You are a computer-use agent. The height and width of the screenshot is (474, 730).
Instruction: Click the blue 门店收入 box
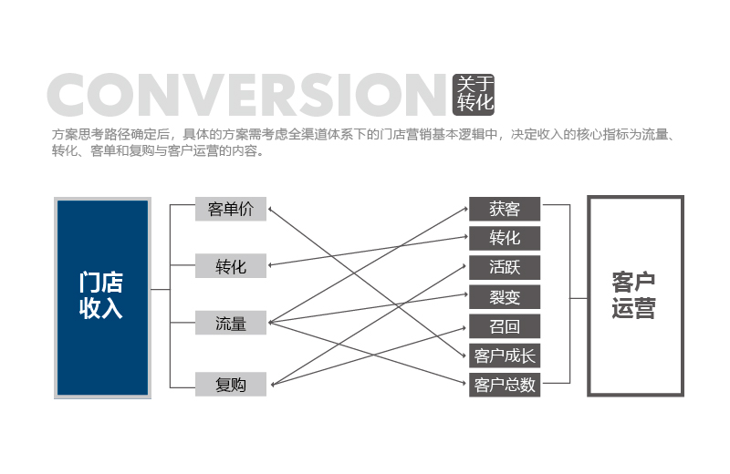102,298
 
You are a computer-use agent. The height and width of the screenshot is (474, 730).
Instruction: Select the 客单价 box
231,209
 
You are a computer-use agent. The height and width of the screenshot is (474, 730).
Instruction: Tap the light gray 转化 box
231,265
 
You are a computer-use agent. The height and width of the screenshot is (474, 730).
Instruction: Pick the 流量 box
231,323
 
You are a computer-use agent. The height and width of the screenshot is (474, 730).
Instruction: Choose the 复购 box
231,385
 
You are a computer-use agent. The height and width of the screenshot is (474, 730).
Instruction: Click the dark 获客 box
505,209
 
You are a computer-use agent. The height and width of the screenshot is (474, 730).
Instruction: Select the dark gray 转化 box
505,238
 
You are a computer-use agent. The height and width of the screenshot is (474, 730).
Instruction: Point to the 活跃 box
505,267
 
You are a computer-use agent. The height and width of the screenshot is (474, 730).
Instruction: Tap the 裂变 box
505,297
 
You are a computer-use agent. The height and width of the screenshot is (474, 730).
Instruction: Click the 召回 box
505,326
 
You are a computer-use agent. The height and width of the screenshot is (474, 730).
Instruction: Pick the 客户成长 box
505,355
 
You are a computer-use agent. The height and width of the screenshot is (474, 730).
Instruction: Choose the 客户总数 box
505,385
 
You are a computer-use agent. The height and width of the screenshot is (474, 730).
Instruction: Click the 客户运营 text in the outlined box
633,295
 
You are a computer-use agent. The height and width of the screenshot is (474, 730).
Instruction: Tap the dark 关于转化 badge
474,95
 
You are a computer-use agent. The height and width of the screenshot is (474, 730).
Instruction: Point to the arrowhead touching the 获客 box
465,209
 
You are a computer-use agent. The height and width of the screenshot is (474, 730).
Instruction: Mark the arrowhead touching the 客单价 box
270,211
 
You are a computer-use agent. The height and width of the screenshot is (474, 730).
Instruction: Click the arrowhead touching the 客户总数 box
464,383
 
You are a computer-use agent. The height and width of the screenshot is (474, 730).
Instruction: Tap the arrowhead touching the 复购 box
273,384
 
